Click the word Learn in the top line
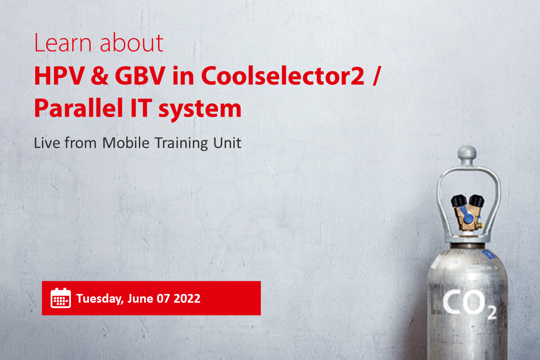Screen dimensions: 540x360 tap(63, 43)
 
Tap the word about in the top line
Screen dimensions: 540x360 tap(131, 43)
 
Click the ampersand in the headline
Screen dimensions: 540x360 tap(99, 76)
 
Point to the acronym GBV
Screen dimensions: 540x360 tap(140, 76)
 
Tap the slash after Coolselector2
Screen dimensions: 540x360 tap(377, 76)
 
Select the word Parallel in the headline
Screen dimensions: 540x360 tap(79, 108)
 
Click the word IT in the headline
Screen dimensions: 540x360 tap(141, 108)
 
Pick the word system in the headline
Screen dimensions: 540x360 tap(200, 109)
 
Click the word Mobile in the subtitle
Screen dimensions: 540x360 tap(126, 143)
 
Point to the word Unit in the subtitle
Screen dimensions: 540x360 tap(227, 143)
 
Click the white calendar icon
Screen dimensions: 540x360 tap(61, 298)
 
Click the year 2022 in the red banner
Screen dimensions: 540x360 tap(187, 298)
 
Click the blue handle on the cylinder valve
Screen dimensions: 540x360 tap(466, 214)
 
